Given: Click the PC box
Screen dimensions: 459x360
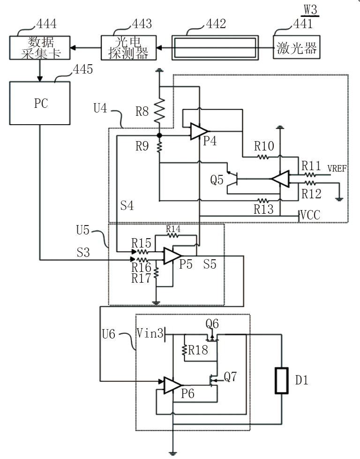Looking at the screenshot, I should tap(40, 103).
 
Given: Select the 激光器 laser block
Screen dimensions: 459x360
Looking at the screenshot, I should tap(296, 48).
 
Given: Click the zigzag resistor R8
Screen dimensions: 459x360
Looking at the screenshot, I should tap(159, 111).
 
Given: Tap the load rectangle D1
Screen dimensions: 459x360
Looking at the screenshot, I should tap(282, 381).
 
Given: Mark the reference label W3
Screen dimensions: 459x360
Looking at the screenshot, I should tap(310, 8).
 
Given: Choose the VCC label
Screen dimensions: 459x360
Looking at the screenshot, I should tap(310, 216).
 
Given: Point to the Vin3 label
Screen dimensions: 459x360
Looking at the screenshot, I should tap(150, 333).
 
